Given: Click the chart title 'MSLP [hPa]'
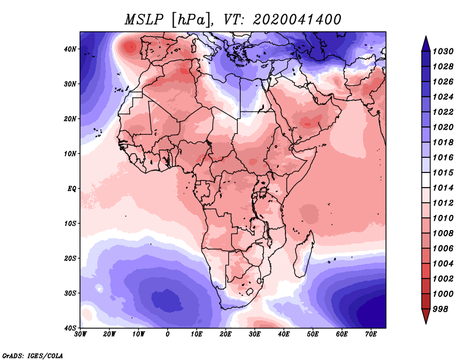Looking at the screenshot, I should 167,19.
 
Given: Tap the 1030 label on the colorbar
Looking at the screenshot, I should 444,52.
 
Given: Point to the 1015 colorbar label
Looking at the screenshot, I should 444,174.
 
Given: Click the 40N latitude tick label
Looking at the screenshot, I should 70,48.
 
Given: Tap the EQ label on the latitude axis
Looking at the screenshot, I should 70,188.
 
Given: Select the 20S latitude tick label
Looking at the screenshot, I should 70,258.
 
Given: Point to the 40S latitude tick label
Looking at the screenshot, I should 70,327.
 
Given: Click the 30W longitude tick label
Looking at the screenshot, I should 80,334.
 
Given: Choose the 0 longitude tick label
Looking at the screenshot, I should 168,334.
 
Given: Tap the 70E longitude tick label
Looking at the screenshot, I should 370,334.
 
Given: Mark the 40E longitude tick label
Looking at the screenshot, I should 284,334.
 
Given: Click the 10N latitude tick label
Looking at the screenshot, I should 70,153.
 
